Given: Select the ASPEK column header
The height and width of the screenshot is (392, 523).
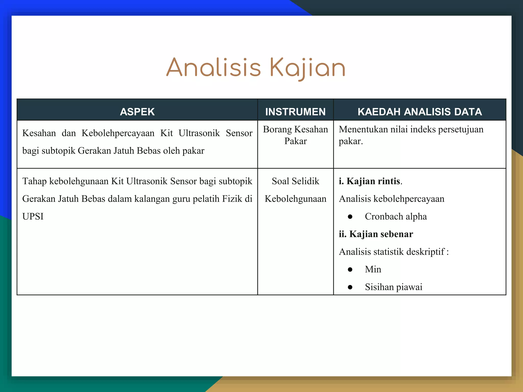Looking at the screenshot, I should pyautogui.click(x=137, y=112).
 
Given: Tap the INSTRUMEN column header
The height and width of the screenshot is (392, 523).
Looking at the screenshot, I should pyautogui.click(x=295, y=112).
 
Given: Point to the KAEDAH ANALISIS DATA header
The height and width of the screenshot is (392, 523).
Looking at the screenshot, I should pyautogui.click(x=420, y=112).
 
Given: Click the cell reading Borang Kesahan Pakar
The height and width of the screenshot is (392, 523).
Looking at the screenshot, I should pyautogui.click(x=295, y=135).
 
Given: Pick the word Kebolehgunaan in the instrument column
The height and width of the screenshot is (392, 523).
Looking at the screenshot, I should pyautogui.click(x=295, y=199).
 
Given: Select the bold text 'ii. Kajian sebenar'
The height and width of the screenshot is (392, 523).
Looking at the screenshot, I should pyautogui.click(x=376, y=234).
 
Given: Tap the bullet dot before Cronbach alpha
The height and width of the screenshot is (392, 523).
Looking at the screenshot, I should pyautogui.click(x=350, y=217).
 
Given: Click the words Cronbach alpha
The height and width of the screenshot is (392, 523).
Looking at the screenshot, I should pyautogui.click(x=396, y=216).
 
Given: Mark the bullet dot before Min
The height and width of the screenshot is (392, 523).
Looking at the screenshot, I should pyautogui.click(x=350, y=270).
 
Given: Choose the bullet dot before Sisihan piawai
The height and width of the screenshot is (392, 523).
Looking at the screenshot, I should pyautogui.click(x=350, y=287).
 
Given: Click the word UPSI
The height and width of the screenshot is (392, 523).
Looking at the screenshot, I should pyautogui.click(x=33, y=216).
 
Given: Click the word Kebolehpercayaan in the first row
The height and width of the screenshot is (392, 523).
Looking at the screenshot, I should pyautogui.click(x=118, y=133).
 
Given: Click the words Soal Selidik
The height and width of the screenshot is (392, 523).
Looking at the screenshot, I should pyautogui.click(x=295, y=181).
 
